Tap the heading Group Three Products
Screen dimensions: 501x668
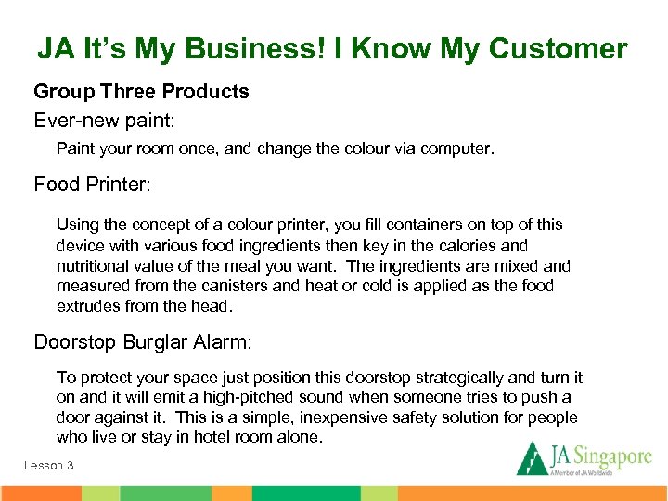point(141,92)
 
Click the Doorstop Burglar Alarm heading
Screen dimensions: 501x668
point(143,342)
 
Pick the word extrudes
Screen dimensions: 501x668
point(90,306)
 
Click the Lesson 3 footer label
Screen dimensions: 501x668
point(48,465)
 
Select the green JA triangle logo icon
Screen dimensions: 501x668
point(532,458)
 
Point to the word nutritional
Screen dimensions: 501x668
point(96,266)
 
